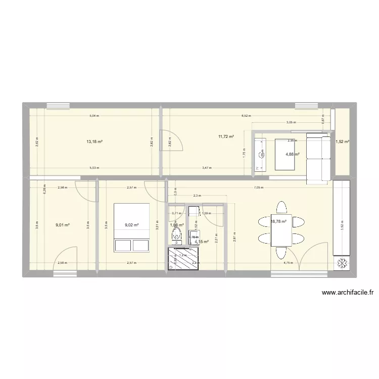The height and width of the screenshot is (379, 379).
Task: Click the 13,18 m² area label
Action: (94, 142)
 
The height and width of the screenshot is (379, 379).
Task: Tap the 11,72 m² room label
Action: (226, 136)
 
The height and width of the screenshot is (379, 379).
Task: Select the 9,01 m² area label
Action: (63, 226)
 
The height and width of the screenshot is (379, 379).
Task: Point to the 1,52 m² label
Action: (342, 142)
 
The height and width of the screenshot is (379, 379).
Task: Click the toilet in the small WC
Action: (176, 234)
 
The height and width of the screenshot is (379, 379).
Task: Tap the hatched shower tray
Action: (183, 259)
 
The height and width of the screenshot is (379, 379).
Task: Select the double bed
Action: (132, 227)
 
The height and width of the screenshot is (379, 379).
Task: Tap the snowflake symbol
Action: (342, 263)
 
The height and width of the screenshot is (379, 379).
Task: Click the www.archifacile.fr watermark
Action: (349, 293)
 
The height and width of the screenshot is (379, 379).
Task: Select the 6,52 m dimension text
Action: (246, 116)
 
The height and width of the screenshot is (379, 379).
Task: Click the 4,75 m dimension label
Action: (289, 263)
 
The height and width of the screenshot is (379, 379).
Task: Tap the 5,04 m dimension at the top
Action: (94, 116)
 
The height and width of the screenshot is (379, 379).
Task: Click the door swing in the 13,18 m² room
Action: (169, 140)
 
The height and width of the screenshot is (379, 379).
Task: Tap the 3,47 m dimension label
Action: (207, 168)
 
